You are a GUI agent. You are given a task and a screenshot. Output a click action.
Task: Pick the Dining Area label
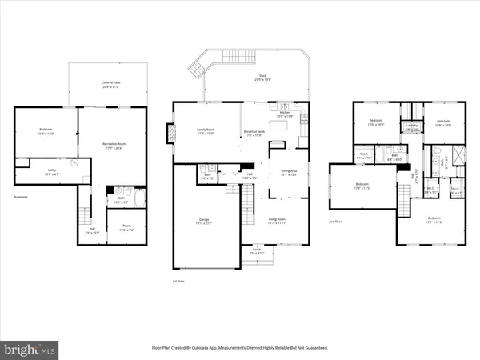(288, 171)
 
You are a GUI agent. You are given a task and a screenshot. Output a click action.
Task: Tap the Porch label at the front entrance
(256, 250)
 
